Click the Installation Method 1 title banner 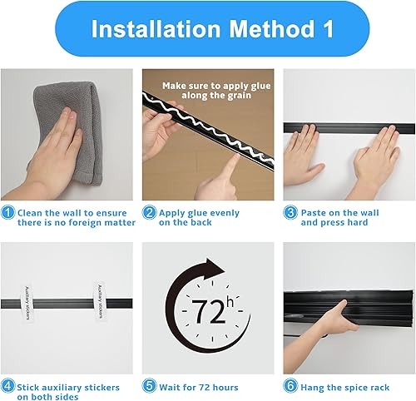pos(208,29)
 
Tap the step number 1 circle pos(7,213)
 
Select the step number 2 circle pos(149,213)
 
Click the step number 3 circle pos(290,213)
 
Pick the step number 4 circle pos(7,387)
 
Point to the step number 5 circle pos(149,387)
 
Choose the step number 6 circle pos(290,387)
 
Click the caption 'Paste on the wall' pos(339,213)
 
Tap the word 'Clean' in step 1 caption pos(32,213)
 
